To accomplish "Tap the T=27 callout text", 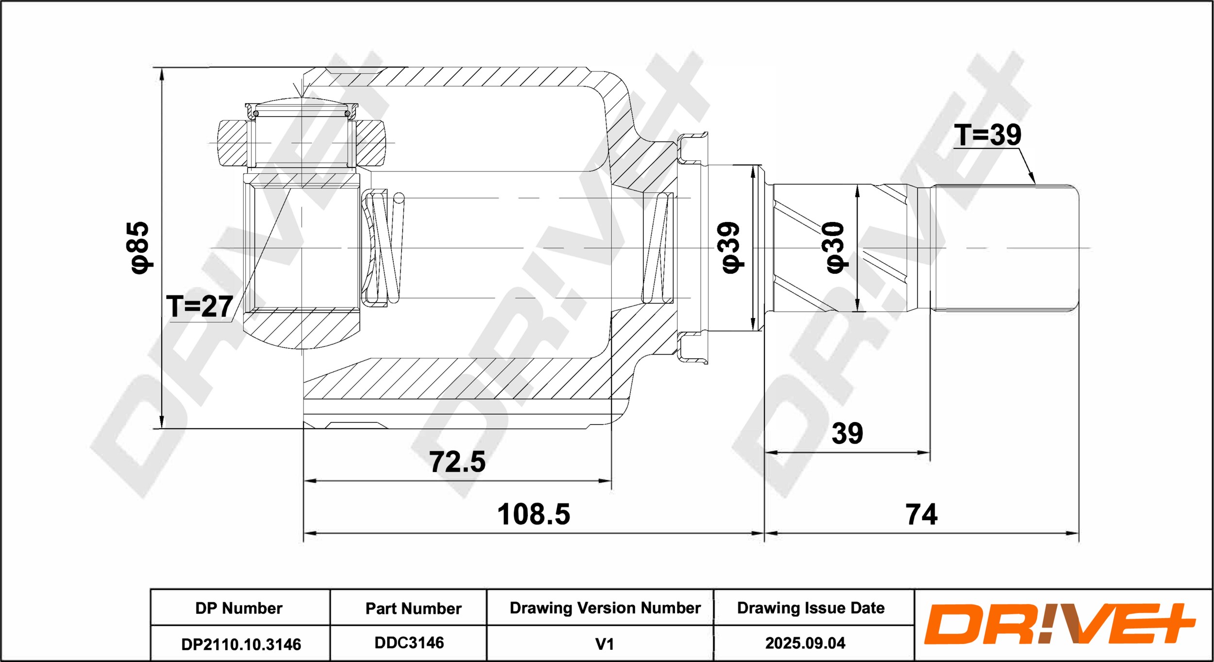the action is [200, 306].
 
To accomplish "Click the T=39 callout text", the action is [988, 135].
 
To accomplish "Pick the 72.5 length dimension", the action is [457, 461].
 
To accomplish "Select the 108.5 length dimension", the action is [534, 514].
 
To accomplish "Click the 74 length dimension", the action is [922, 514].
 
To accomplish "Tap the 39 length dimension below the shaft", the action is [847, 433].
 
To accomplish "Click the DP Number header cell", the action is [239, 608].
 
